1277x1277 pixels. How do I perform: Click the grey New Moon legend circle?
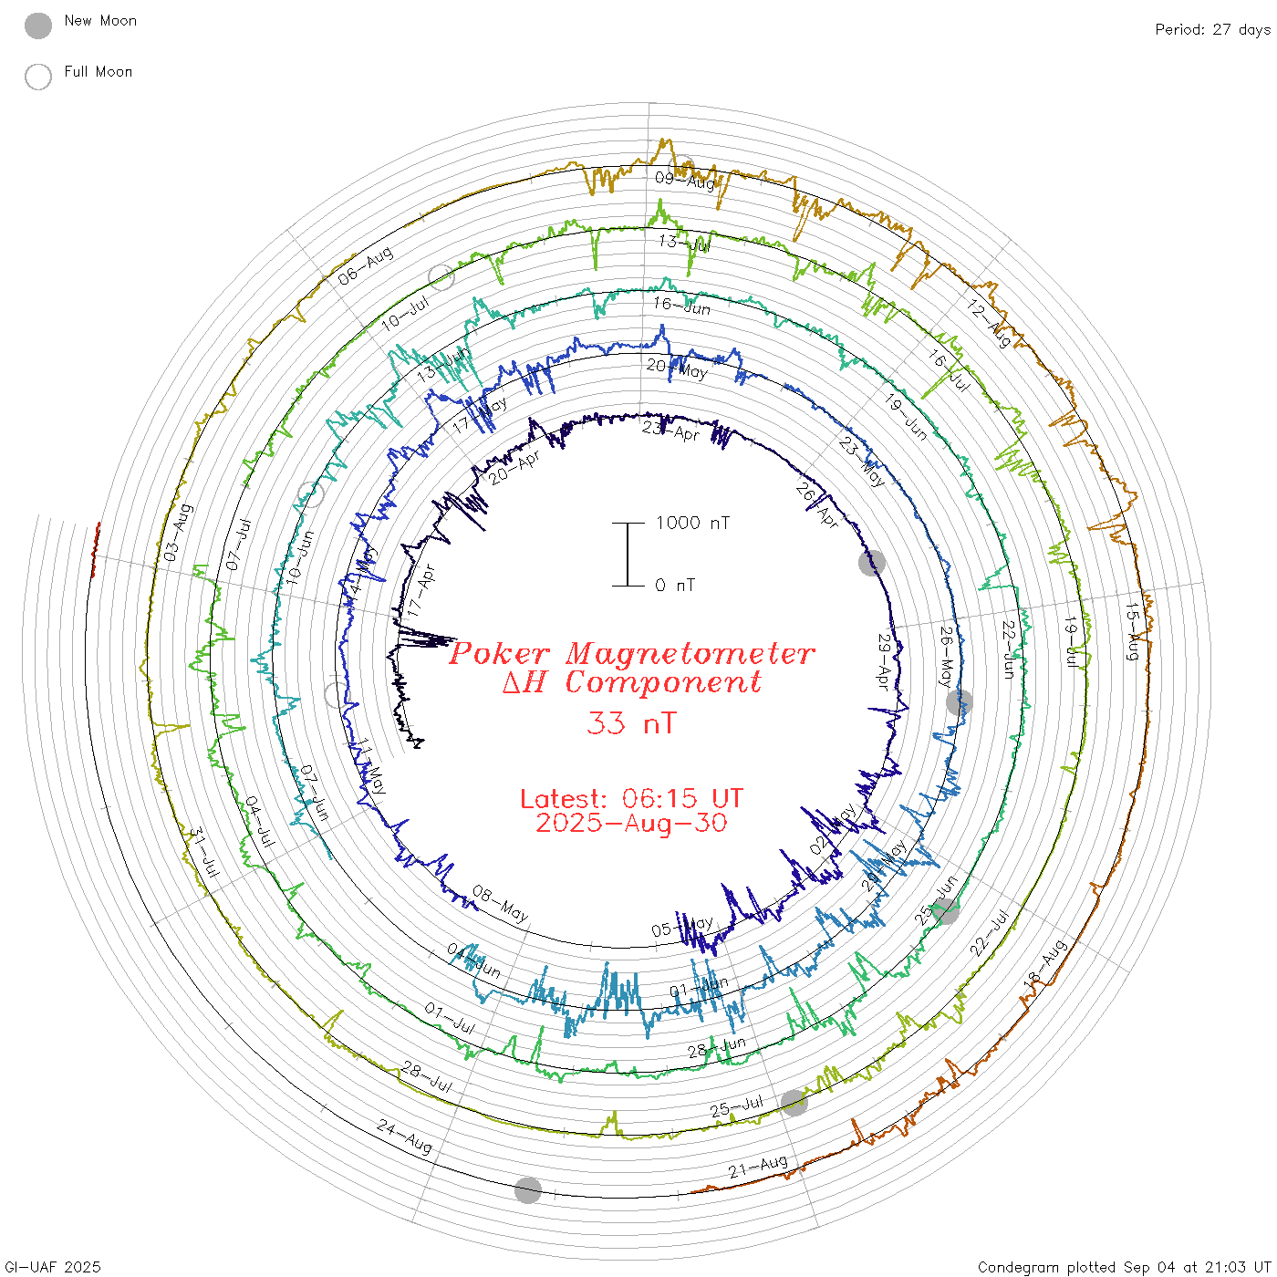tap(37, 26)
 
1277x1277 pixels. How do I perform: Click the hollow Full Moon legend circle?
tap(37, 77)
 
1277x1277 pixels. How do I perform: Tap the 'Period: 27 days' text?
tap(1211, 29)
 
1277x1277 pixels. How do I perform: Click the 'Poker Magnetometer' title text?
tap(632, 653)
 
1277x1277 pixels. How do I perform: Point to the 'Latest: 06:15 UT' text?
tap(631, 798)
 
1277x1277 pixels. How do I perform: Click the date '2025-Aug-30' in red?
tap(631, 823)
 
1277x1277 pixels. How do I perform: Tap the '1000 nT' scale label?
tap(692, 523)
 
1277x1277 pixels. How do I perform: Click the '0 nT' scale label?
tap(675, 585)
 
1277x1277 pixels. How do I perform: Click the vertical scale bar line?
tap(628, 554)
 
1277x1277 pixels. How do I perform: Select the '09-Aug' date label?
tap(685, 180)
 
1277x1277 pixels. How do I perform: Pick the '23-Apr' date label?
tap(670, 430)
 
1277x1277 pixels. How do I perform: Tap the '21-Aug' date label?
tap(758, 1166)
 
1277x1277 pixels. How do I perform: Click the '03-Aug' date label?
tap(177, 532)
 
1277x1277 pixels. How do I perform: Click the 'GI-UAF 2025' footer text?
tap(53, 1267)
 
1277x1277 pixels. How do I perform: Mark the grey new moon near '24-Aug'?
tap(527, 1189)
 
